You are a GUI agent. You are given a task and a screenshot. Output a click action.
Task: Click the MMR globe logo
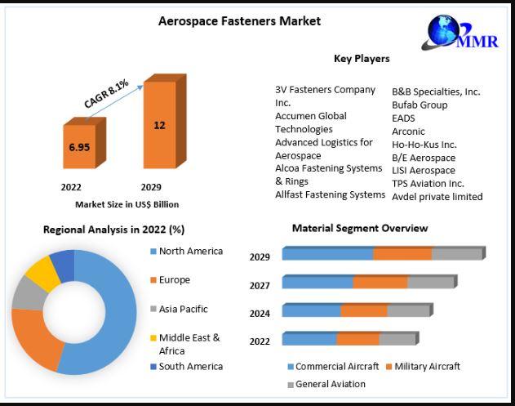pyautogui.click(x=460, y=32)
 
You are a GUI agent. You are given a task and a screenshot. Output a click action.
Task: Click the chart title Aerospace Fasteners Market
pyautogui.click(x=239, y=21)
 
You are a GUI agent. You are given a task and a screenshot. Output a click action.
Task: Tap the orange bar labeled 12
pyautogui.click(x=165, y=121)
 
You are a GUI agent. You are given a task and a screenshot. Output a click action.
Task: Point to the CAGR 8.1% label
pyautogui.click(x=106, y=94)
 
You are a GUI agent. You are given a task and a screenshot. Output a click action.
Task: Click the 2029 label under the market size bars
pyautogui.click(x=151, y=187)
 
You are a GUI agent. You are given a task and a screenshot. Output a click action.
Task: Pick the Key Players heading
pyautogui.click(x=362, y=59)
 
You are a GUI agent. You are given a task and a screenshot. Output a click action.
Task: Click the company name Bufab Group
pyautogui.click(x=420, y=105)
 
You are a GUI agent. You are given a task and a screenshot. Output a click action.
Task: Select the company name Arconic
pyautogui.click(x=408, y=132)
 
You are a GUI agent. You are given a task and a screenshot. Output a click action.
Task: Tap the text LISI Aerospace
pyautogui.click(x=424, y=170)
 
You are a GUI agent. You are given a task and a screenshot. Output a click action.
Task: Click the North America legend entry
pyautogui.click(x=187, y=251)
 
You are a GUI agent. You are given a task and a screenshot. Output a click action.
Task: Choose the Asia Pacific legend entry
pyautogui.click(x=179, y=309)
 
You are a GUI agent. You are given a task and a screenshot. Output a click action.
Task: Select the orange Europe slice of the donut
pyautogui.click(x=35, y=339)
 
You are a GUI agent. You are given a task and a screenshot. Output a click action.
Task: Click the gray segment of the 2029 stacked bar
pyautogui.click(x=459, y=253)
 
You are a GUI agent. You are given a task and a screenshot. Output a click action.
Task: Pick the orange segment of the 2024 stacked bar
pyautogui.click(x=364, y=310)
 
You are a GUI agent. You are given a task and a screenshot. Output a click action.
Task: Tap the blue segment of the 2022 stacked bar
pyautogui.click(x=309, y=338)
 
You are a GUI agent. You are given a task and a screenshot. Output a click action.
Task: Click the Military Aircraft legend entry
pyautogui.click(x=423, y=366)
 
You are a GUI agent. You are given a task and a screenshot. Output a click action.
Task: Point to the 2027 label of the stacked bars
pyautogui.click(x=260, y=286)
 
